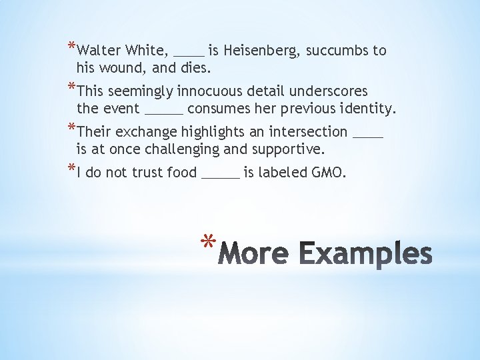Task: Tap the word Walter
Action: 99,51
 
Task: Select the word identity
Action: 369,108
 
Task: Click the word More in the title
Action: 253,254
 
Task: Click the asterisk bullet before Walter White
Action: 71,47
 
